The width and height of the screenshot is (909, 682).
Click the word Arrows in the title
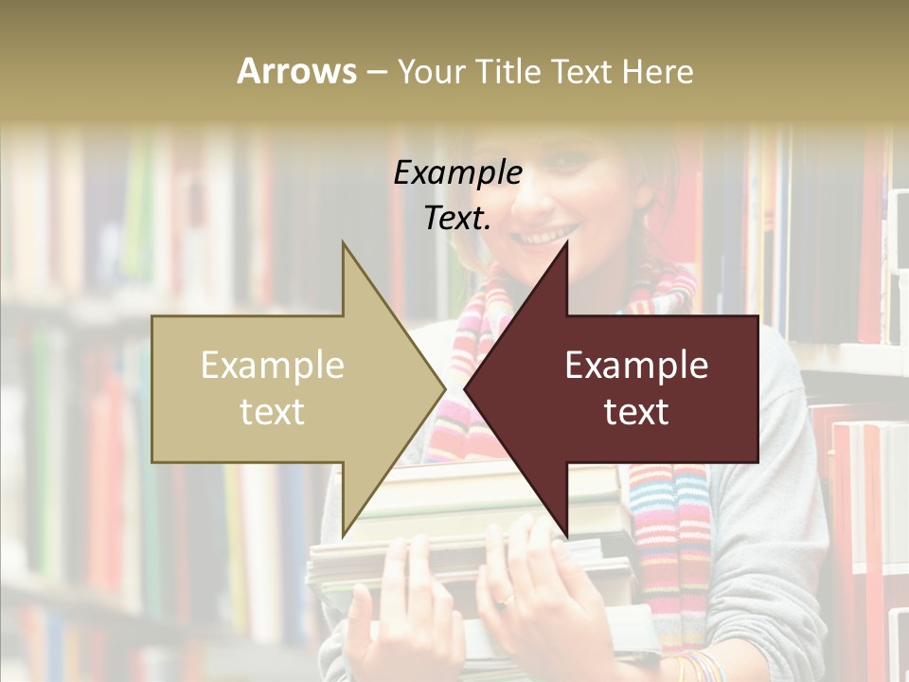tap(296, 71)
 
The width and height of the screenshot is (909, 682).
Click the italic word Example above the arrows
tap(457, 173)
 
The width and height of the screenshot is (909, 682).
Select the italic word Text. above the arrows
tap(457, 219)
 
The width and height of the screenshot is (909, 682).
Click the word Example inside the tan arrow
tap(273, 366)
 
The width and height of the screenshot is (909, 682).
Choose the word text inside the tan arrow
tap(273, 412)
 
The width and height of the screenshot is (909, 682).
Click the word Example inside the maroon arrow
tap(636, 366)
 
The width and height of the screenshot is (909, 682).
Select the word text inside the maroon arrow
tap(636, 412)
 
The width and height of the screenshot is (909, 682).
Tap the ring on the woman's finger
tap(508, 600)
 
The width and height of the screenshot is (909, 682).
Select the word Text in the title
tap(581, 71)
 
